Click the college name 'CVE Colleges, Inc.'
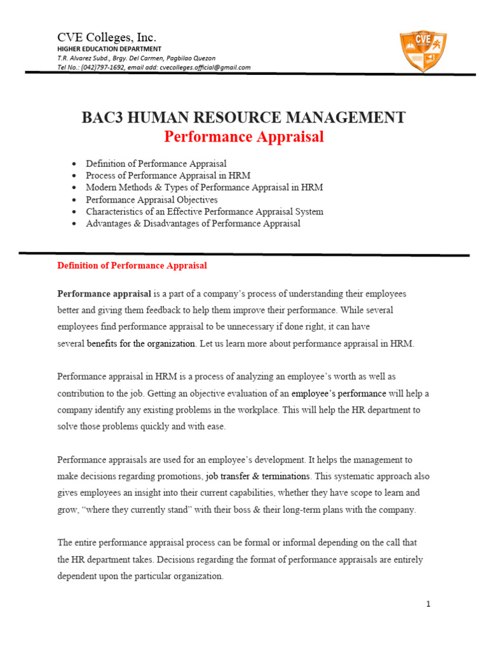click(x=107, y=36)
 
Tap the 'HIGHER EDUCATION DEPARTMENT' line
click(x=109, y=49)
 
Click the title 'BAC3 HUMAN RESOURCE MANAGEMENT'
click(x=243, y=117)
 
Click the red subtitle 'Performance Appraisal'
click(x=243, y=136)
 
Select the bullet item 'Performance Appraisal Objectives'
click(x=152, y=199)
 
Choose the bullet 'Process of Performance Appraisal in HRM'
click(x=168, y=175)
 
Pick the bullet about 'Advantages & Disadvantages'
click(x=193, y=223)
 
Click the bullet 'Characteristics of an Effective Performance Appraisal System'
click(x=205, y=211)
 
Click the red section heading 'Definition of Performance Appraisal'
click(x=132, y=265)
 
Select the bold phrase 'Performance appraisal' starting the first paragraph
click(x=104, y=294)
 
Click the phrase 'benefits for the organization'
click(x=141, y=343)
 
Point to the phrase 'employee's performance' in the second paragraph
click(x=334, y=394)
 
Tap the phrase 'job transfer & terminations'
click(x=257, y=476)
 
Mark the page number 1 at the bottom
click(x=428, y=604)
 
